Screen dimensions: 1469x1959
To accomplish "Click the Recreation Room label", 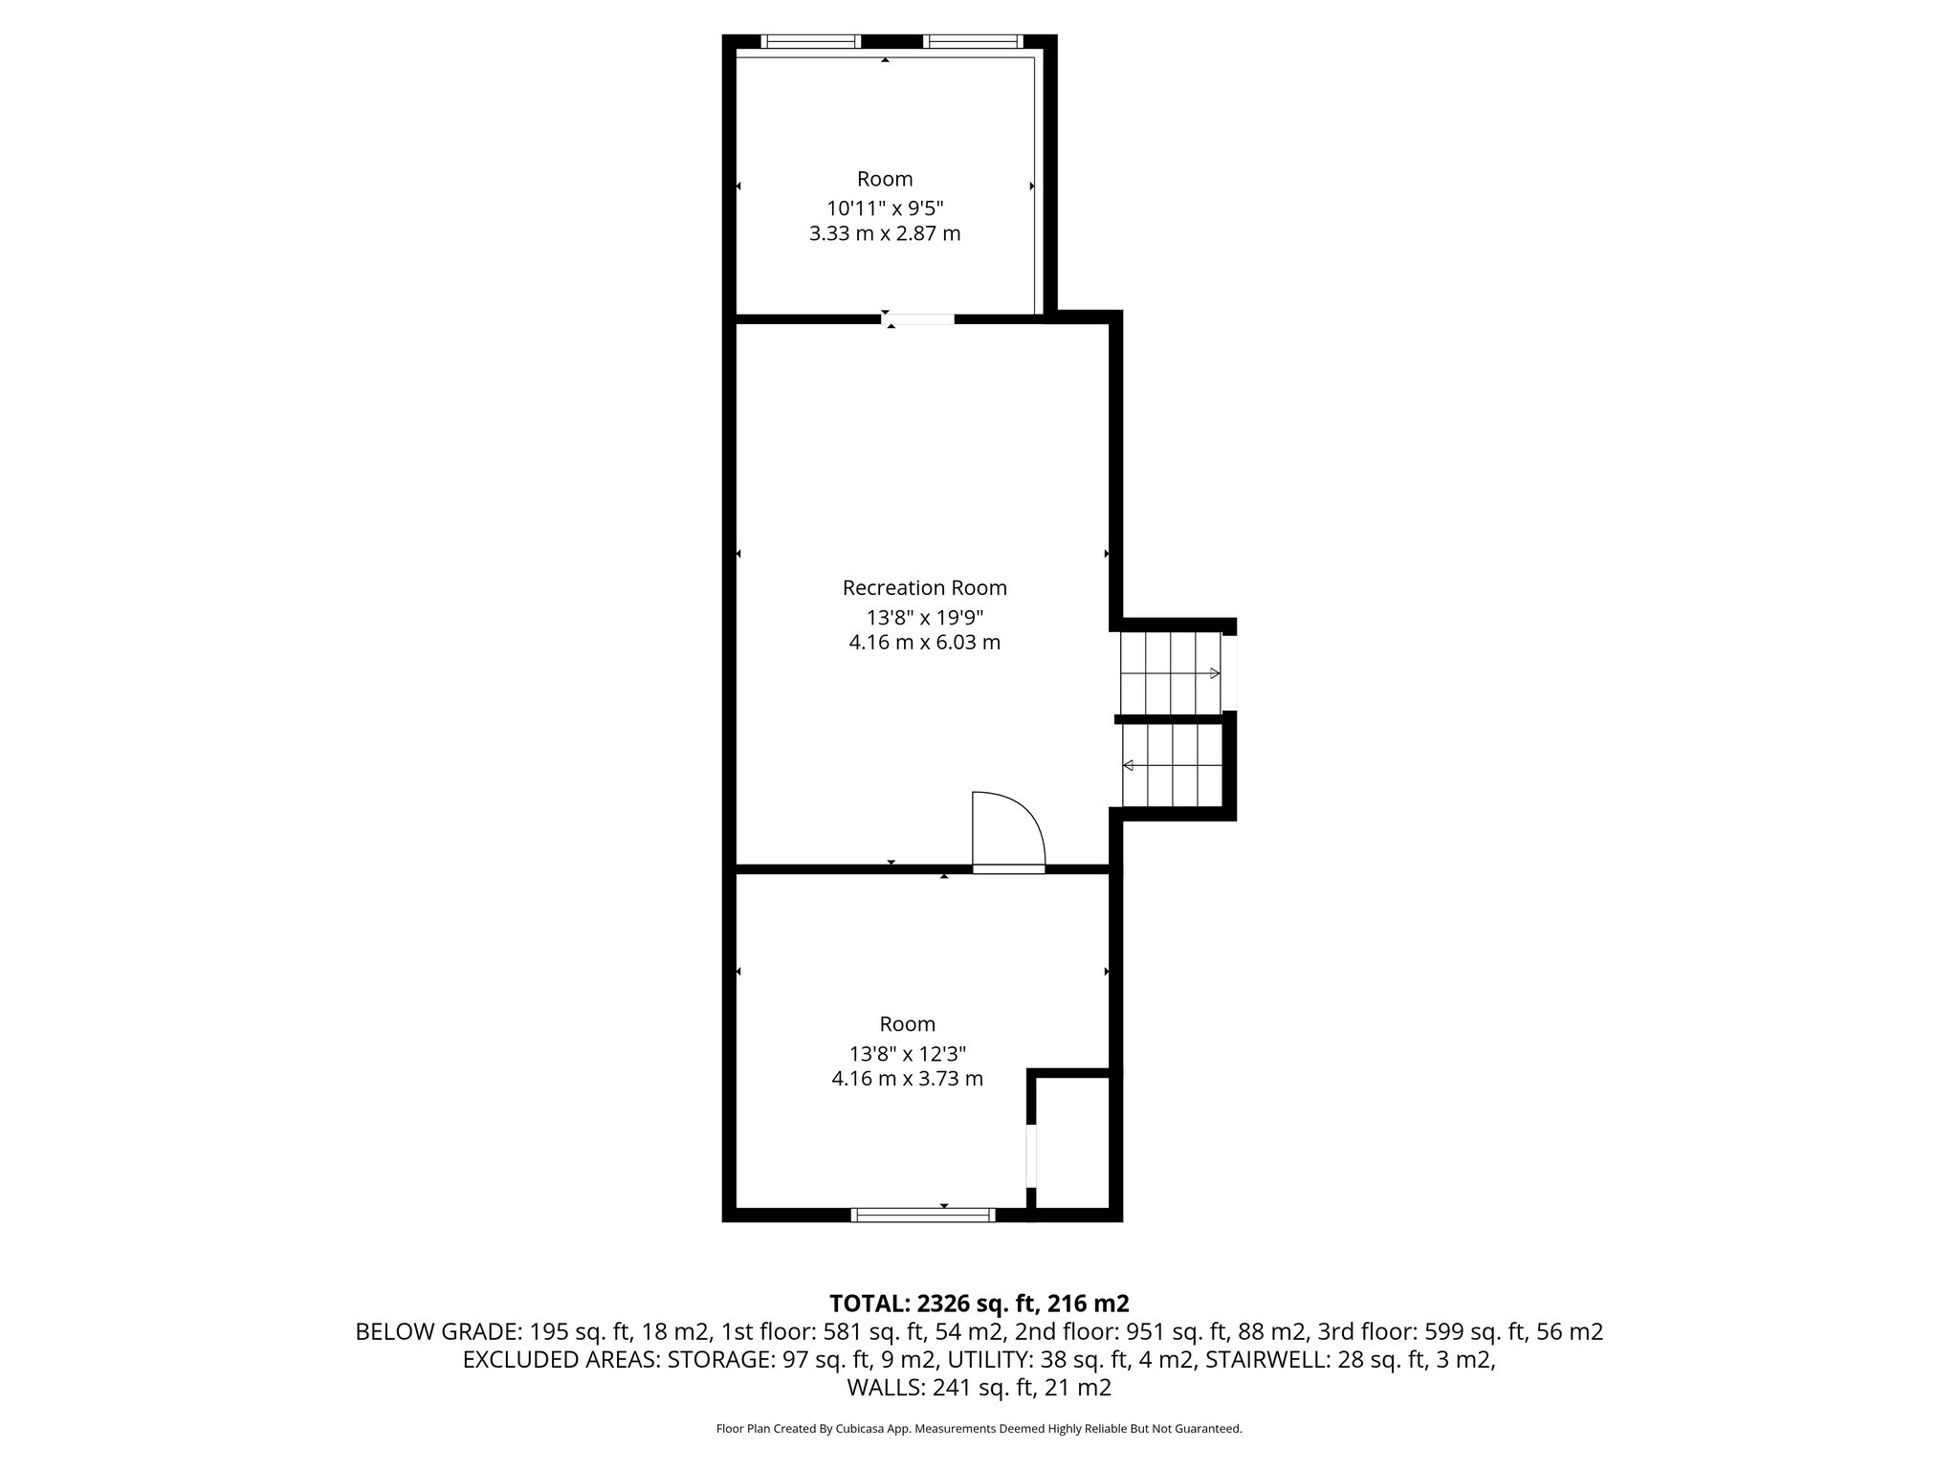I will (x=924, y=587).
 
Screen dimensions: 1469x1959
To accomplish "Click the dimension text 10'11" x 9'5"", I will (x=885, y=208).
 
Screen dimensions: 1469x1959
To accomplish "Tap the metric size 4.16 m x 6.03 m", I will (x=924, y=643).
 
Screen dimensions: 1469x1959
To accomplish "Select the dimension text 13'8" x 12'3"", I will (x=908, y=1053).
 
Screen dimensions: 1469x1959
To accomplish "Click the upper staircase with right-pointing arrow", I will (x=1171, y=672).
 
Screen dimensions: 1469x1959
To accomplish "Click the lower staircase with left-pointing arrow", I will (x=1172, y=765).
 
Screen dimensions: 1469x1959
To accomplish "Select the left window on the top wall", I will (x=810, y=41).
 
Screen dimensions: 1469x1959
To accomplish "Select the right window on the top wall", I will (x=974, y=41).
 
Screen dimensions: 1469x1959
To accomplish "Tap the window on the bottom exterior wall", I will (x=923, y=1215).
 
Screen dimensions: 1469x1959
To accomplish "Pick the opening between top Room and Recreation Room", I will (x=918, y=318).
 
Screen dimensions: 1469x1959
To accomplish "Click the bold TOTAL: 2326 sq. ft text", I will (x=979, y=1303).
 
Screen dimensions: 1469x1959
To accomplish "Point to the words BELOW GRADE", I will (x=436, y=1331).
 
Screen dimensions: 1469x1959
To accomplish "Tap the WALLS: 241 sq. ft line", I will (x=979, y=1387).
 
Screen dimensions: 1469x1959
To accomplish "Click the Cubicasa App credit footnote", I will (x=979, y=1429).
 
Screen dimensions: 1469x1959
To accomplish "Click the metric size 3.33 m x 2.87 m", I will (x=885, y=233).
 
